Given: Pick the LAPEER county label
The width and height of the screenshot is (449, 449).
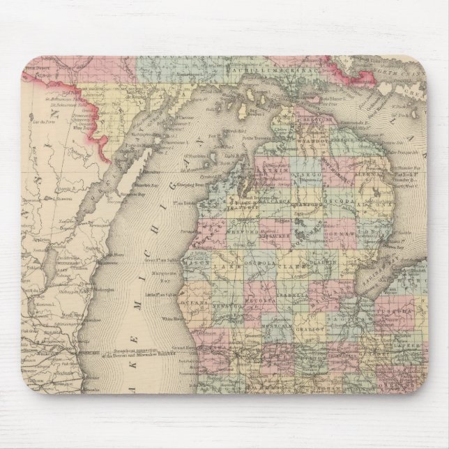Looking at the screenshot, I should click(x=411, y=344).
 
